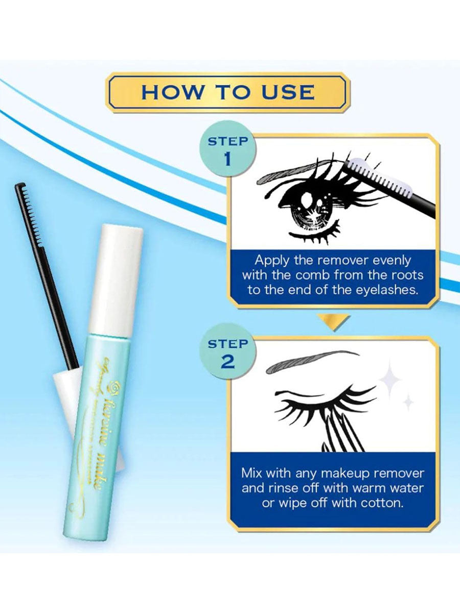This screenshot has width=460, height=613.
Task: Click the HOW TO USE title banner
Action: click(x=228, y=92)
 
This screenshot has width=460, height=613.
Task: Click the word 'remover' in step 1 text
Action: click(x=352, y=261)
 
